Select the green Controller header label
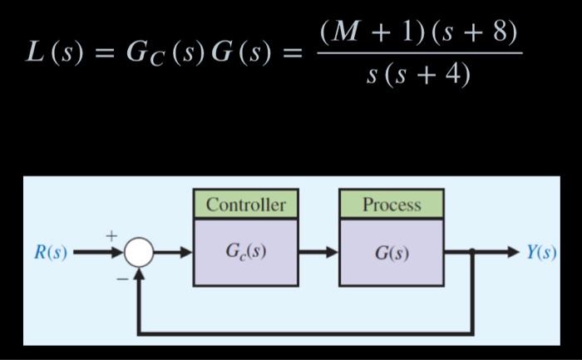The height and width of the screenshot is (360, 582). click(x=245, y=205)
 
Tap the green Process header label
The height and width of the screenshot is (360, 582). click(x=391, y=205)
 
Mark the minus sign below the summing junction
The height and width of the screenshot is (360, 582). click(x=121, y=279)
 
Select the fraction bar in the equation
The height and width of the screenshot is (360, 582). click(x=420, y=54)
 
